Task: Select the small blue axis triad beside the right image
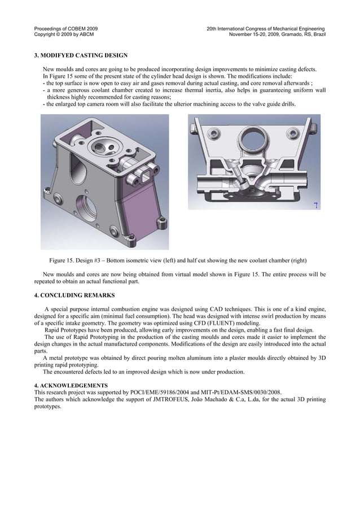[x=317, y=205]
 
